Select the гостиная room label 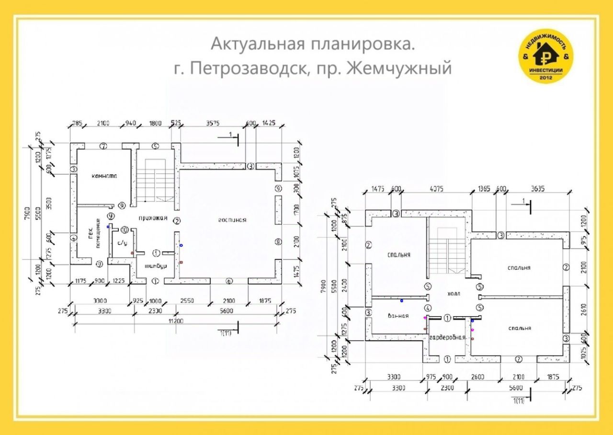232,220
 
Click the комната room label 104,176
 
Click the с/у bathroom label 122,243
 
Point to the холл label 453,294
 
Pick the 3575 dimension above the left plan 212,123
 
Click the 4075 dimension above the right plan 436,189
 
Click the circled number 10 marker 125,229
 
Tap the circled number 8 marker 278,240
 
